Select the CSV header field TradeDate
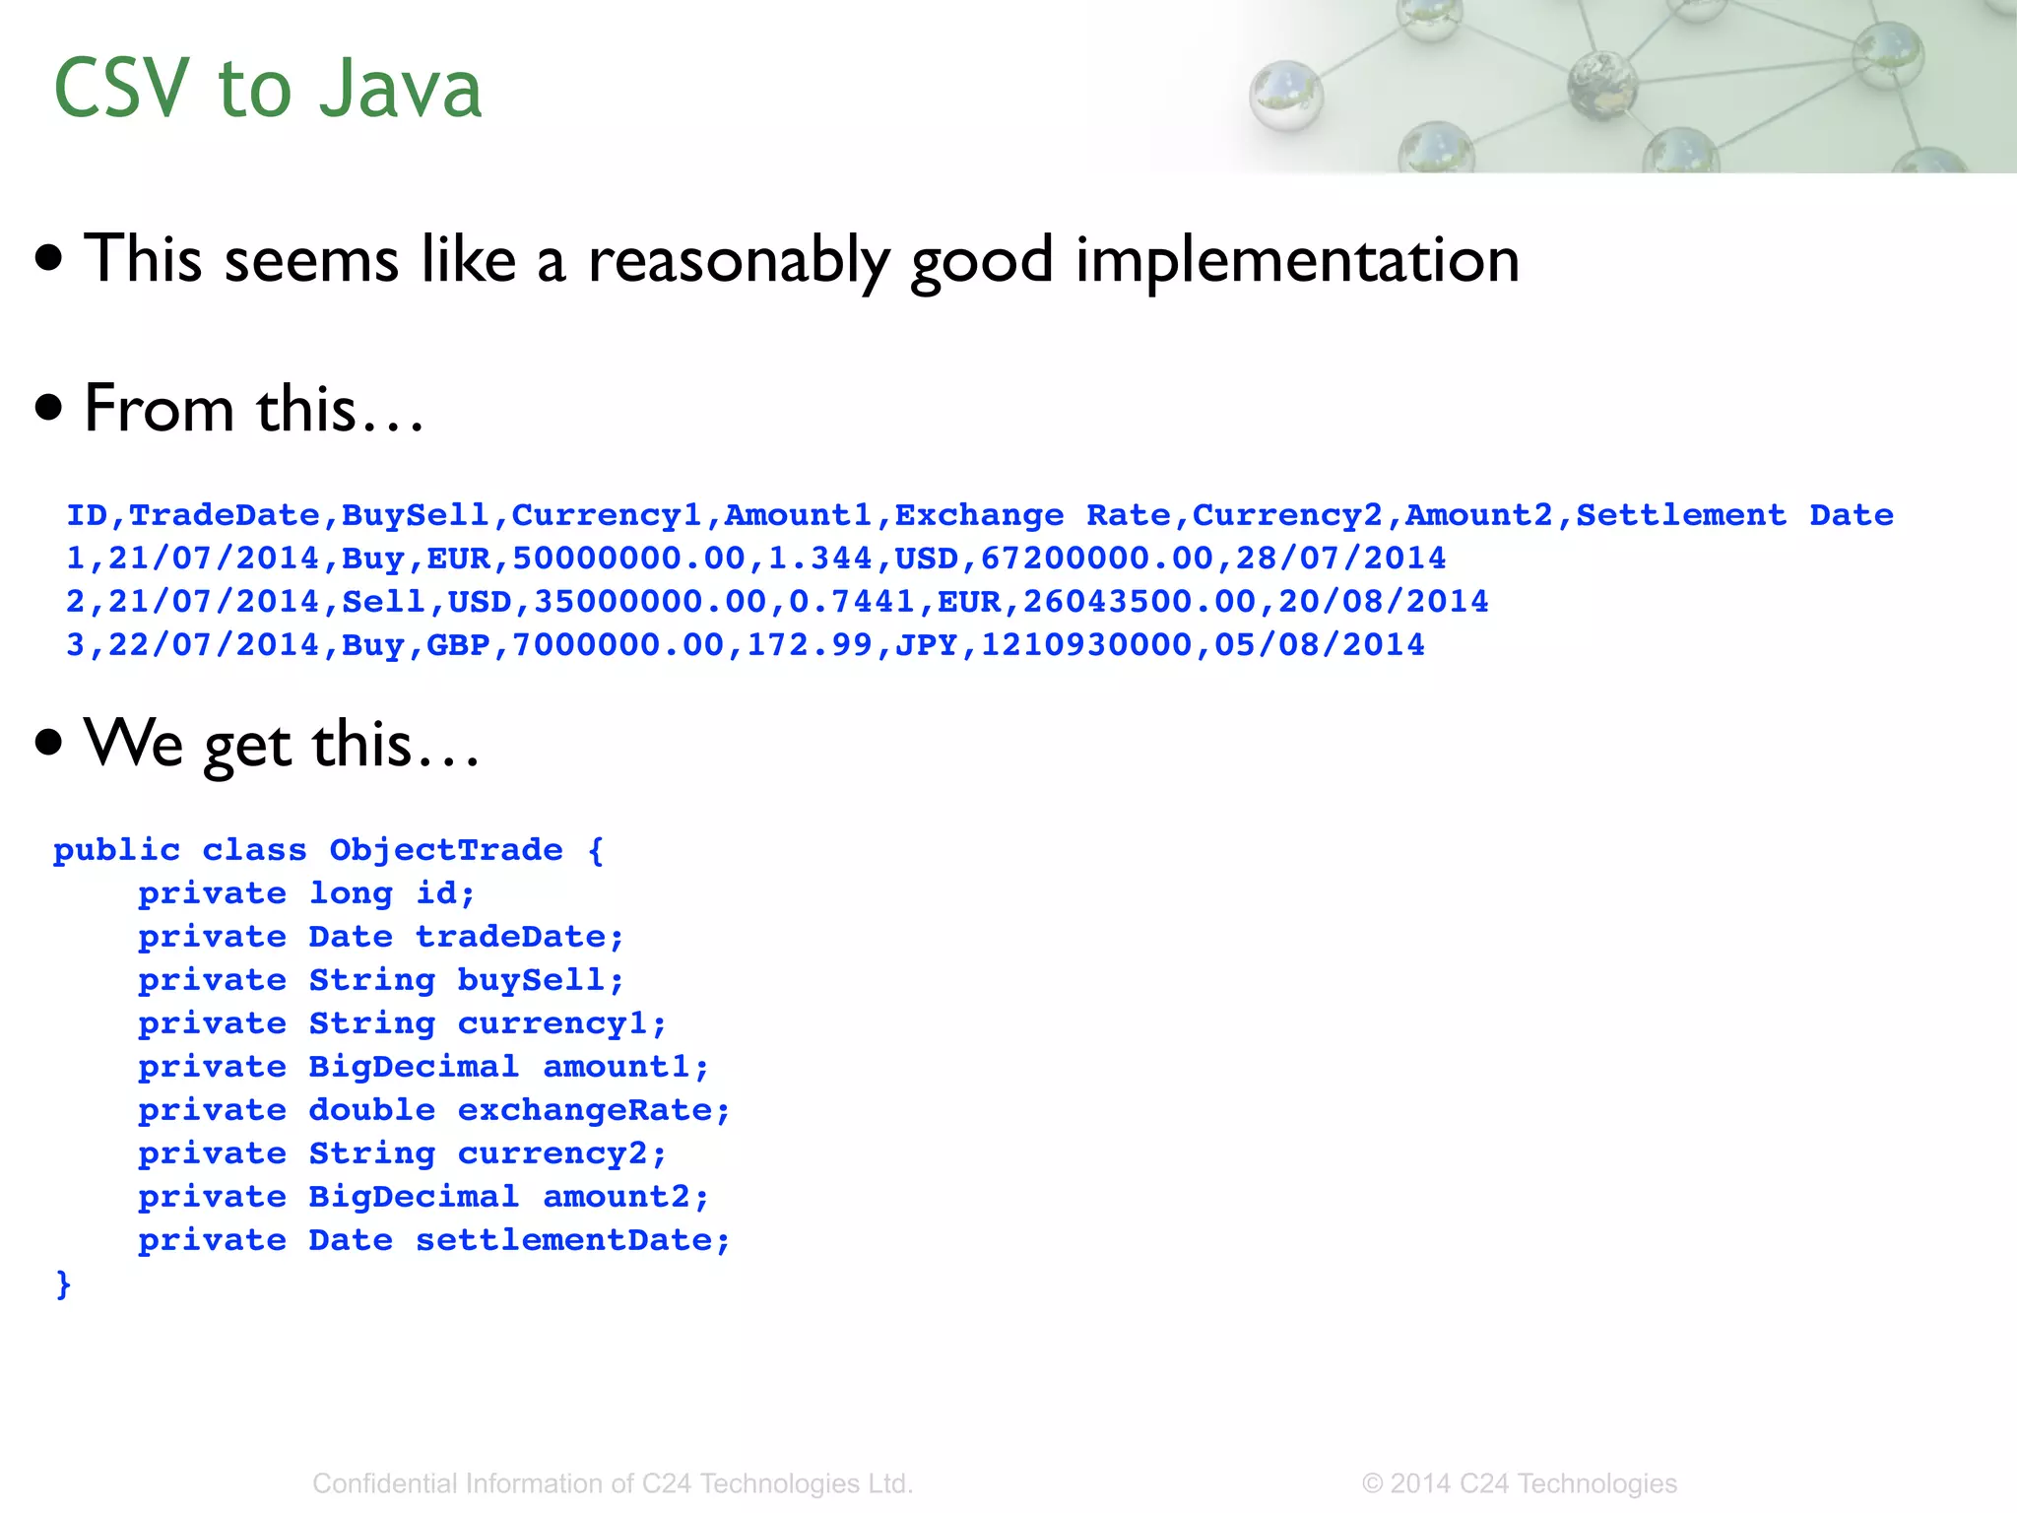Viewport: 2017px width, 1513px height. (225, 515)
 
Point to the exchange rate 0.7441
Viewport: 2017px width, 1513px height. (852, 602)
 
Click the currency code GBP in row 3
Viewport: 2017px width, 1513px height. (458, 645)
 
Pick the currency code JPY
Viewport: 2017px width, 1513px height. (926, 645)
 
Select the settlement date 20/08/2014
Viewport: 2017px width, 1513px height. (1383, 602)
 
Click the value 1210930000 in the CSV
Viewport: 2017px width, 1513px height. (1085, 645)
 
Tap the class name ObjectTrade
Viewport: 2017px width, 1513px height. (445, 850)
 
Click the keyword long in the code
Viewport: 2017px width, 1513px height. (351, 893)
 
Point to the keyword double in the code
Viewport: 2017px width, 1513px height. (371, 1110)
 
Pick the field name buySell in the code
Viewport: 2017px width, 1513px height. (532, 980)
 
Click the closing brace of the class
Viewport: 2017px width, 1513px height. (63, 1283)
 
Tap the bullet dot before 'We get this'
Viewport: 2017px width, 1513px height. (48, 743)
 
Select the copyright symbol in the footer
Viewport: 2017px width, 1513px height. (1372, 1483)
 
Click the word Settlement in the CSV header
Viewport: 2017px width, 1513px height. (1680, 515)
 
